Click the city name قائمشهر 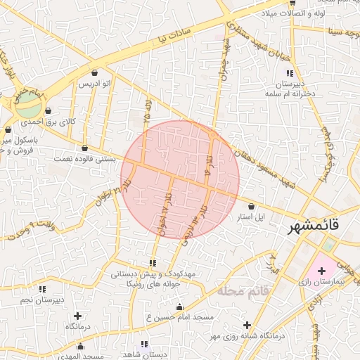click(x=313, y=227)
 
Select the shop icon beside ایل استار click(x=252, y=206)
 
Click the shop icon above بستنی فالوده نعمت click(x=85, y=148)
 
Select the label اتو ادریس click(x=94, y=84)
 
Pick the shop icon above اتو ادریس click(x=95, y=73)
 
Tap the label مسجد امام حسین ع click(x=179, y=318)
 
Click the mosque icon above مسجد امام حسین click(x=179, y=307)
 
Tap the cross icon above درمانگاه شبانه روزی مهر click(x=247, y=325)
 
